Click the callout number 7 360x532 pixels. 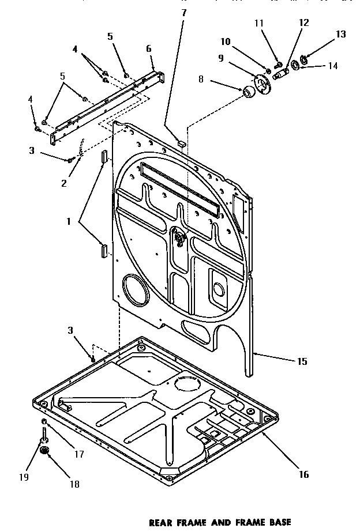pyautogui.click(x=183, y=12)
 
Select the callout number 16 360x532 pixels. pyautogui.click(x=303, y=474)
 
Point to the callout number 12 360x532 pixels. pyautogui.click(x=303, y=23)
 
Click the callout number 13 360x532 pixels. pyautogui.click(x=340, y=35)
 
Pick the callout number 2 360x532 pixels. pyautogui.click(x=64, y=183)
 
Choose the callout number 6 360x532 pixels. pyautogui.click(x=149, y=49)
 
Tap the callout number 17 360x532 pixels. pyautogui.click(x=79, y=454)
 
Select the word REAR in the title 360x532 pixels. pyautogui.click(x=162, y=523)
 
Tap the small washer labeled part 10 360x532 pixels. pyautogui.click(x=268, y=70)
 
